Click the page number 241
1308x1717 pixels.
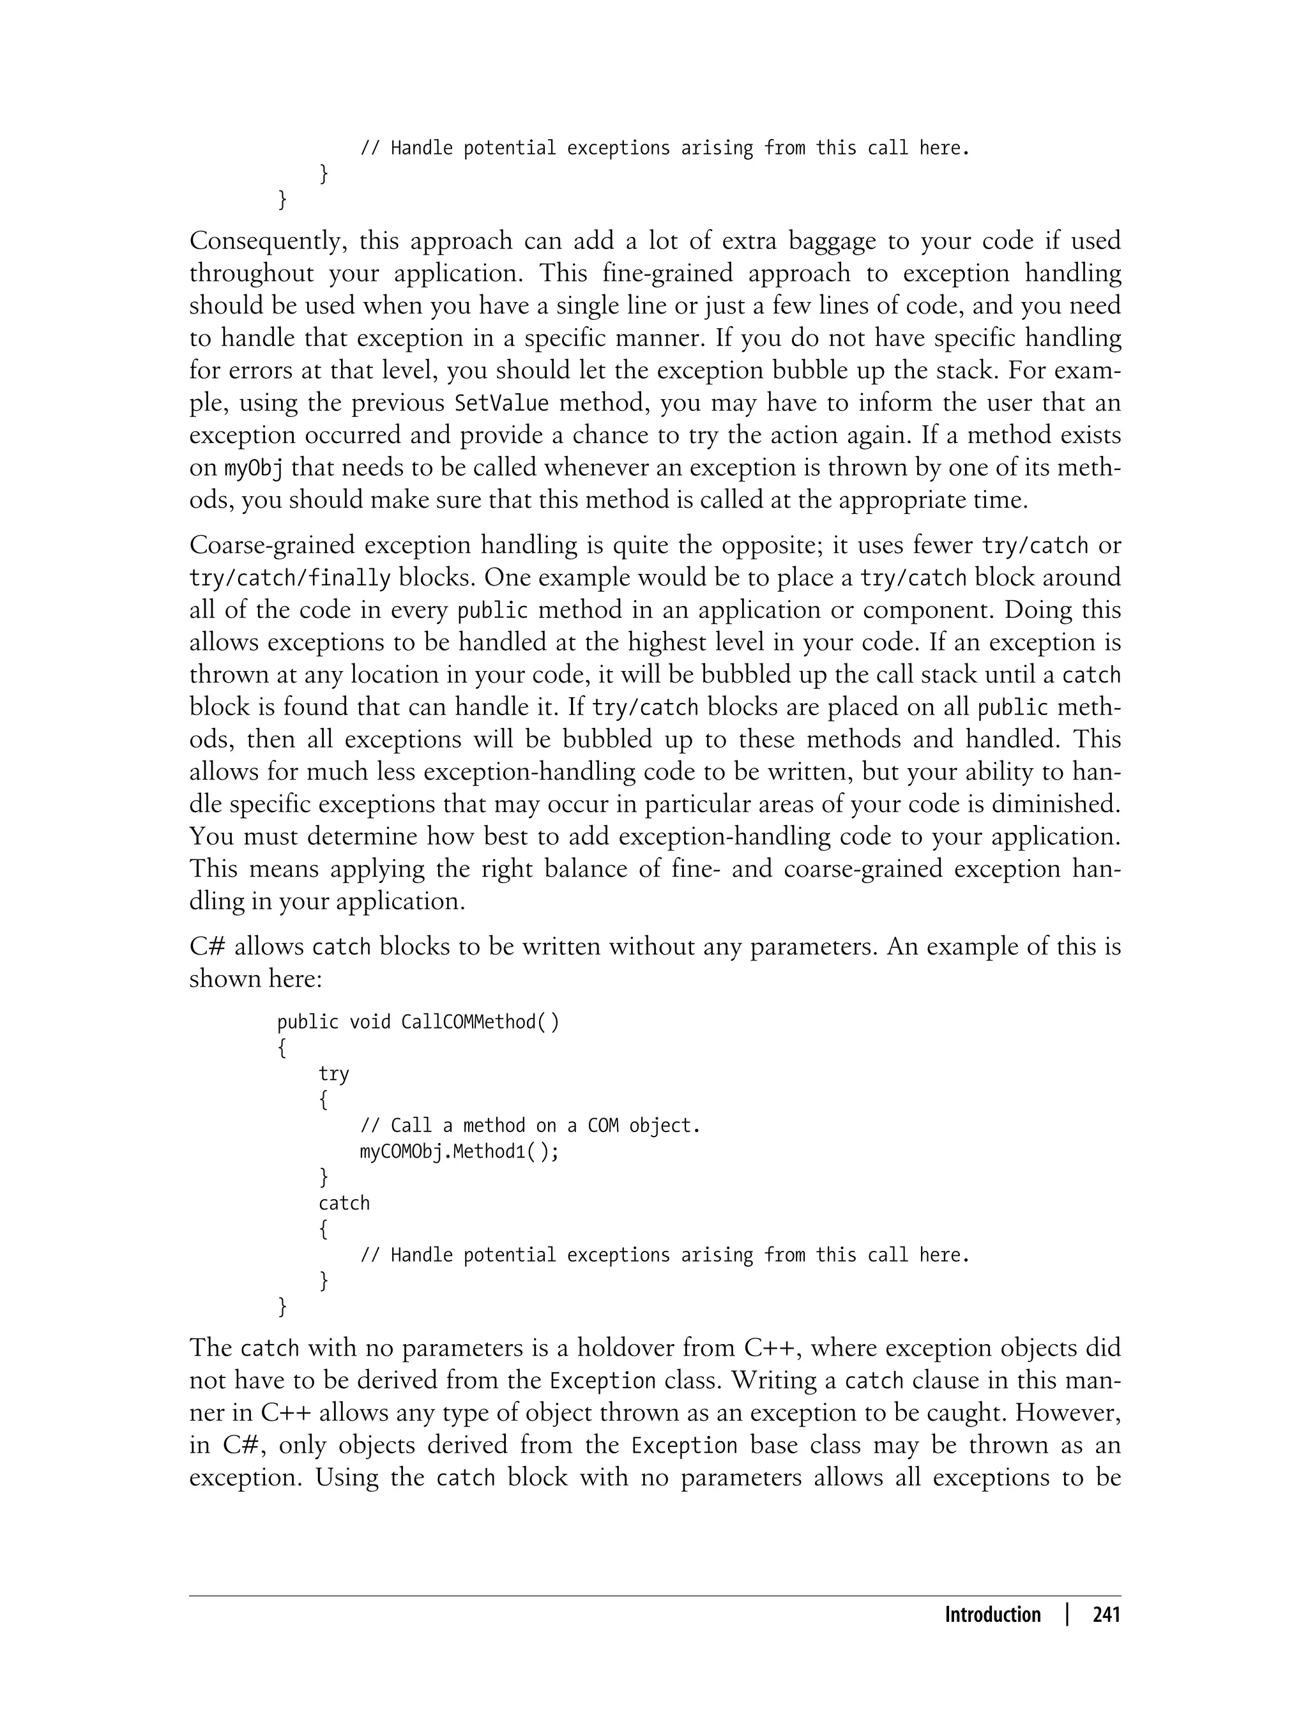[x=1106, y=1615]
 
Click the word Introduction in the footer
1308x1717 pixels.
[x=992, y=1615]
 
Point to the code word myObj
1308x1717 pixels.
[x=253, y=469]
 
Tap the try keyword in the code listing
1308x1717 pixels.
[x=333, y=1074]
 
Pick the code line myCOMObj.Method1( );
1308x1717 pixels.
[x=459, y=1152]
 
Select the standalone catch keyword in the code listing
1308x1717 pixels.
[x=344, y=1203]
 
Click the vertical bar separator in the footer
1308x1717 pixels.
[x=1067, y=1615]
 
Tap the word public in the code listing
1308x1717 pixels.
[x=308, y=1022]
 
